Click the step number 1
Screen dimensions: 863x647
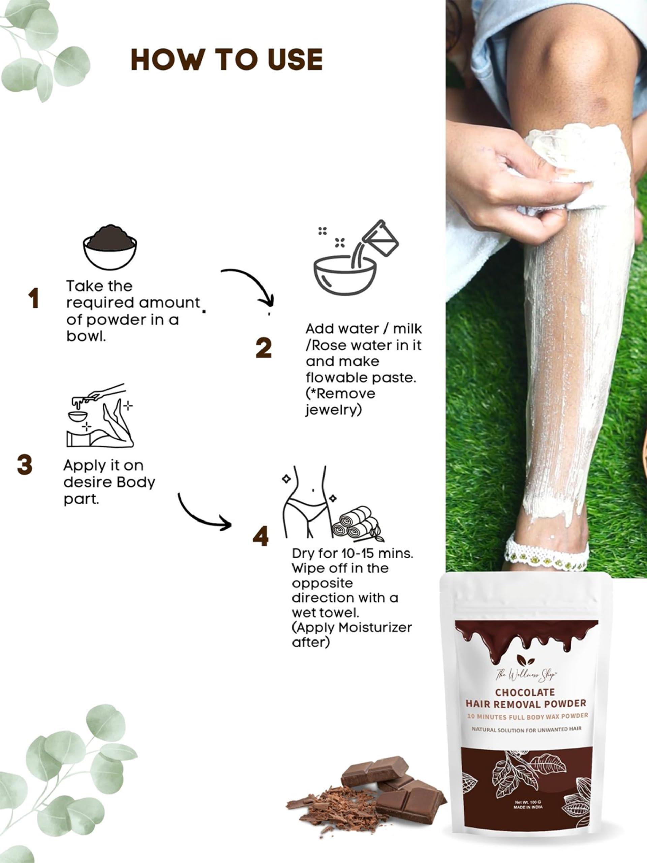(x=34, y=299)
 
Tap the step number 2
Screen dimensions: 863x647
(x=264, y=348)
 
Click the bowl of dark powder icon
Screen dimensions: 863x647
(x=110, y=247)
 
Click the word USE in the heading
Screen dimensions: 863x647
(x=288, y=60)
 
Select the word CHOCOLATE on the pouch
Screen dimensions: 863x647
(x=525, y=692)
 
